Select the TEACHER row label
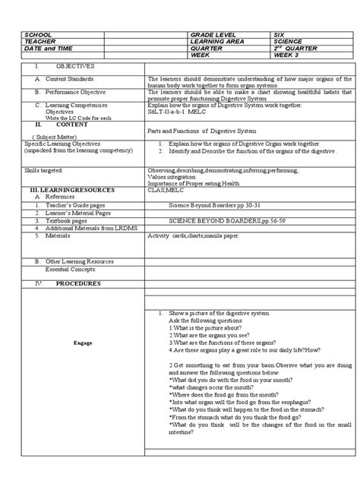(40, 43)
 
